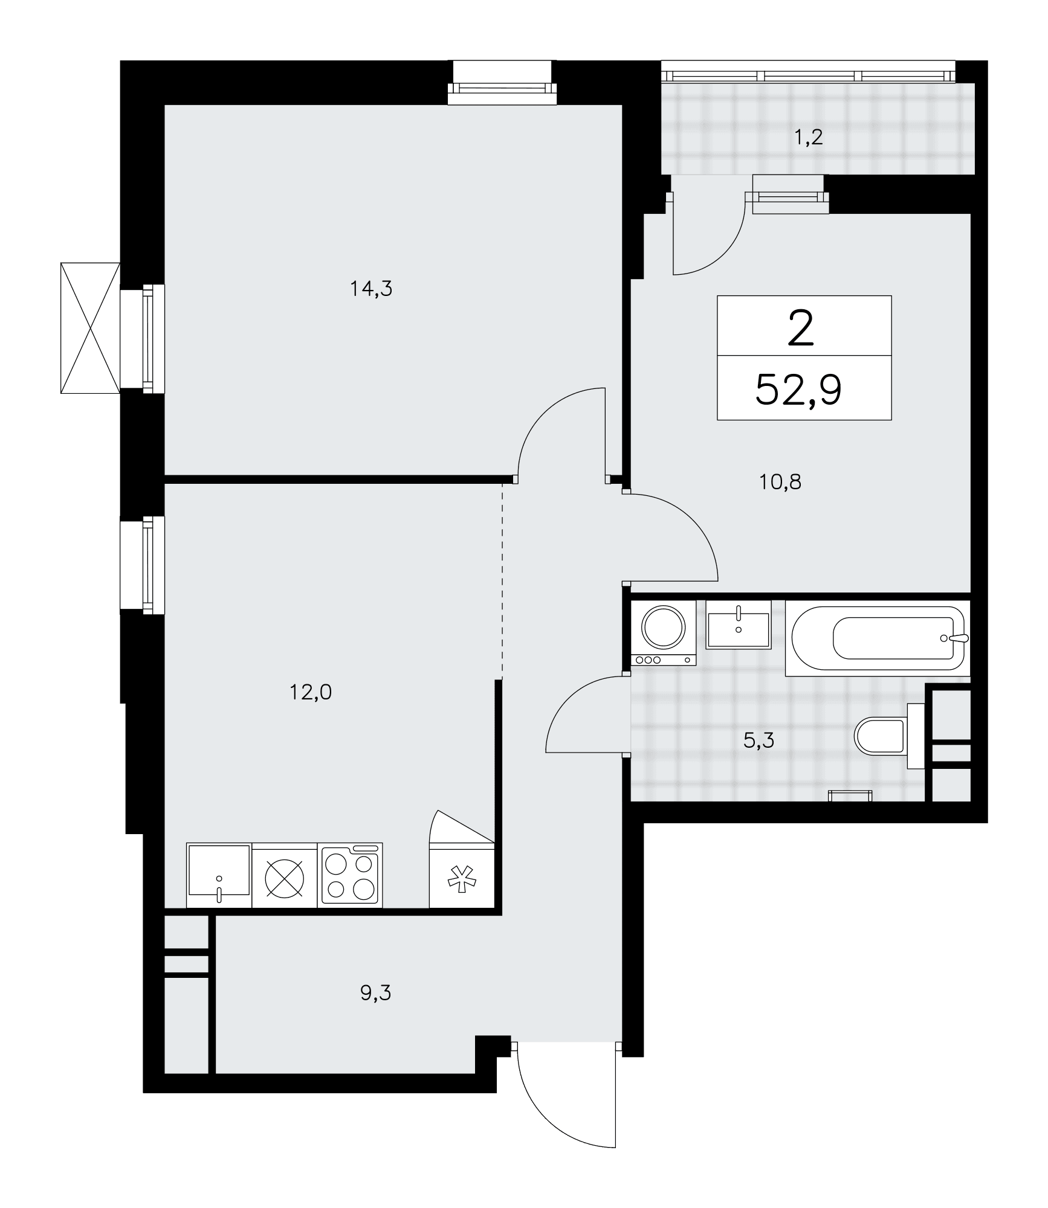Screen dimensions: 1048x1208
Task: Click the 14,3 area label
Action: (x=371, y=289)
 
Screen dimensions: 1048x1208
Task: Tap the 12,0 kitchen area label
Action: (x=311, y=692)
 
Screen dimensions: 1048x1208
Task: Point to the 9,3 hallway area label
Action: (x=376, y=992)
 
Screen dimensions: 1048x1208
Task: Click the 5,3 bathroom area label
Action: (x=759, y=740)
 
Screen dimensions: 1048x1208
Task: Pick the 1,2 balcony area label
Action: (x=809, y=138)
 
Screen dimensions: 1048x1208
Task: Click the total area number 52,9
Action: (x=798, y=391)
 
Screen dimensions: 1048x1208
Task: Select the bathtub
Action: (x=878, y=638)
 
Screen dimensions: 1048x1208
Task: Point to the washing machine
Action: (x=663, y=633)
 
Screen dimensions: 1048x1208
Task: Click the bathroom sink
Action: (x=739, y=625)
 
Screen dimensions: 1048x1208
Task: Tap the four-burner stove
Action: (x=351, y=875)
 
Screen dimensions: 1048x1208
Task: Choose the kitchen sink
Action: (x=219, y=875)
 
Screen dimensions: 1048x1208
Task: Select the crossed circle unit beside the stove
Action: (x=285, y=875)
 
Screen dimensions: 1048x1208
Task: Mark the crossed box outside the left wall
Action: (x=91, y=328)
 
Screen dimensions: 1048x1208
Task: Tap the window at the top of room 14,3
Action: (x=502, y=83)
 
